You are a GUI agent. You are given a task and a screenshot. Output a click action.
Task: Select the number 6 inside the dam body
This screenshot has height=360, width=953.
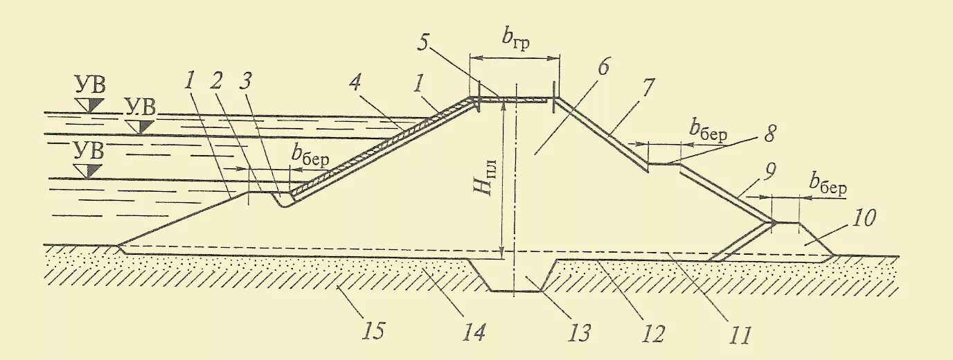(x=603, y=67)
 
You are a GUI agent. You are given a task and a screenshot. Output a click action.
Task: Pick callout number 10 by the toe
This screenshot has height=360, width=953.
(x=864, y=218)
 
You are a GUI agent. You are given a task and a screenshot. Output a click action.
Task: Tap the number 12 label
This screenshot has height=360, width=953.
(x=652, y=334)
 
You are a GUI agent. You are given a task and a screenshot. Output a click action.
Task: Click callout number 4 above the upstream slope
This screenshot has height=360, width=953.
(x=355, y=85)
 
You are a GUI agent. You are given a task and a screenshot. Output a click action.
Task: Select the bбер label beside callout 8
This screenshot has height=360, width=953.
(x=708, y=129)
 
